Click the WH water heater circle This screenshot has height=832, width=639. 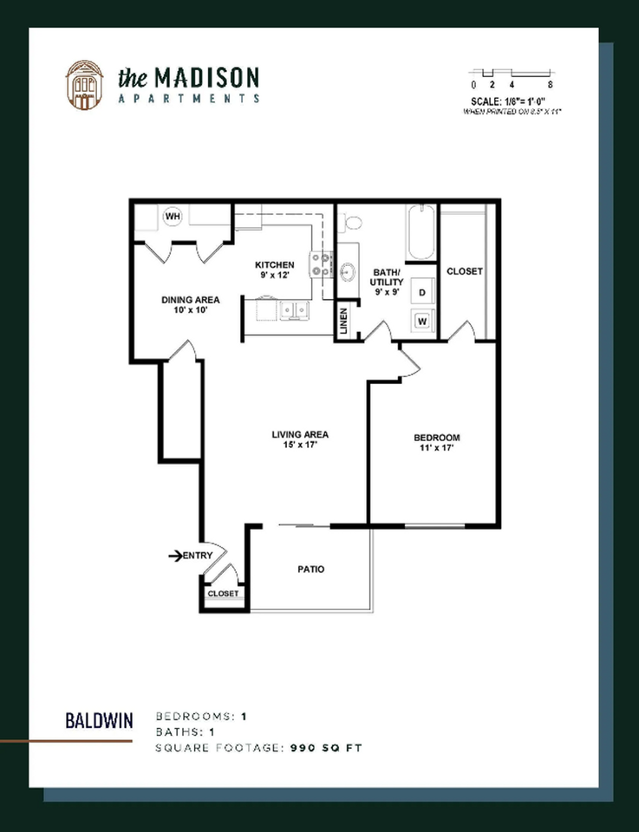tap(172, 216)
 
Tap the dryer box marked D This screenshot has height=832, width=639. tap(421, 292)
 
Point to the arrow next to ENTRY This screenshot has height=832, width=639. tap(174, 556)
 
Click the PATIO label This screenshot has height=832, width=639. tap(310, 569)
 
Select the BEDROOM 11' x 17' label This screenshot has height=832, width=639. tap(436, 443)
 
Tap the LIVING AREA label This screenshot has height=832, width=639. tap(300, 439)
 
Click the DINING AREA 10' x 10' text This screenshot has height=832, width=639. tap(190, 305)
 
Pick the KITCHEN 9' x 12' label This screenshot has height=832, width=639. tap(274, 270)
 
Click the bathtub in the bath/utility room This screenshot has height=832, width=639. tap(421, 232)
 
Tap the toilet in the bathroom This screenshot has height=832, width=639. tap(351, 224)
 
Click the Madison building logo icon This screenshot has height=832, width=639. tap(85, 85)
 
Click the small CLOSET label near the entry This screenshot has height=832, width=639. tap(223, 594)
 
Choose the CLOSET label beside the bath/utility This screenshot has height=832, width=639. tap(464, 271)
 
